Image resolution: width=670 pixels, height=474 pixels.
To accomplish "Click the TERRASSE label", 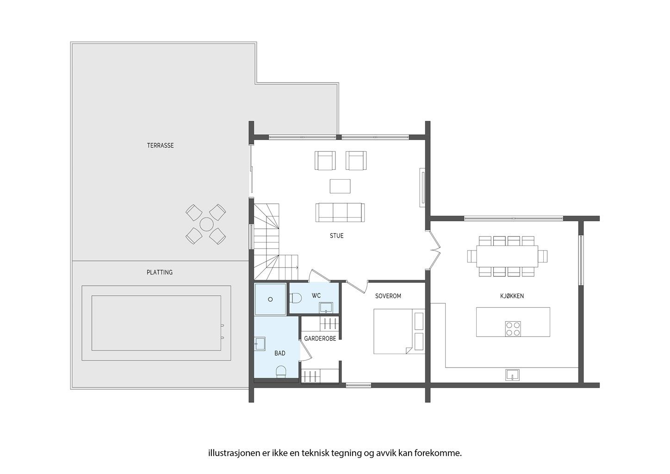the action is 160,145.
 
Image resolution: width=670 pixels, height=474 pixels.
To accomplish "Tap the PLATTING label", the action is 160,272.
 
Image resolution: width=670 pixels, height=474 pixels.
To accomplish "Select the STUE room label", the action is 336,236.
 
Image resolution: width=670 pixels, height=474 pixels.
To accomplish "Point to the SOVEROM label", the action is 388,296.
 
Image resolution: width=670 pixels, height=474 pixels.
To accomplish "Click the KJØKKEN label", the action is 512,296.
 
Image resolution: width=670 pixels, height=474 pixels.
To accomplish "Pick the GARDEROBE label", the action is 320,338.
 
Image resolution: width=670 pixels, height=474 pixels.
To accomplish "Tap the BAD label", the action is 279,353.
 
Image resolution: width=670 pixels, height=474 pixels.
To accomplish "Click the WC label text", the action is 316,296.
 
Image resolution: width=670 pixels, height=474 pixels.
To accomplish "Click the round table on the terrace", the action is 206,224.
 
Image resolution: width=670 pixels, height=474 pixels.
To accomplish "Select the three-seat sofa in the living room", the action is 340,212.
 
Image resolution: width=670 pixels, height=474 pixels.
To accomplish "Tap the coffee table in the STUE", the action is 340,186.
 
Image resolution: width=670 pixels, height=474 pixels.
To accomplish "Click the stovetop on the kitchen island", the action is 513,329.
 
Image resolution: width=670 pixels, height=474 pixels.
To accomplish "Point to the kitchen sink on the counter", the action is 512,375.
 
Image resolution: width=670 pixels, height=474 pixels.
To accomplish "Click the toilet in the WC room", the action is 296,298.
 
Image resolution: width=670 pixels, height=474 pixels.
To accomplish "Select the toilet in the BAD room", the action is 281,372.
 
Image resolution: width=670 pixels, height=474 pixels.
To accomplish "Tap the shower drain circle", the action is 270,299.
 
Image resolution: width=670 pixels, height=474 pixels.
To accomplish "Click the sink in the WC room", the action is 326,308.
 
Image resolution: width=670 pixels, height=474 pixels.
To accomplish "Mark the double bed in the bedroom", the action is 399,331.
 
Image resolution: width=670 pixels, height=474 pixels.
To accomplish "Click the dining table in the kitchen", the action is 507,256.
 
